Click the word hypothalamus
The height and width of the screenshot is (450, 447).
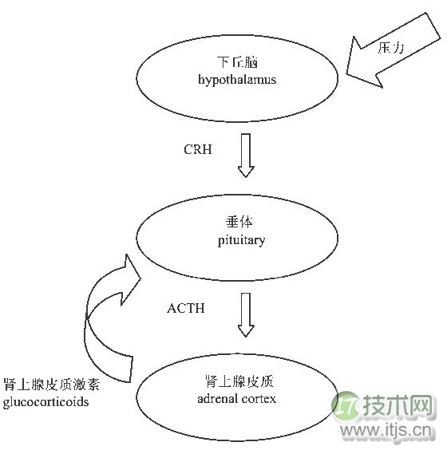tap(237, 80)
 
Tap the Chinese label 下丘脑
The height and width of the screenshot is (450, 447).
tap(237, 62)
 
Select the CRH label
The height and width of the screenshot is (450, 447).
tap(198, 149)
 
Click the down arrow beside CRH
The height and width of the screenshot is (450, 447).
tap(246, 156)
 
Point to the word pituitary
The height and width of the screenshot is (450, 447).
tap(241, 240)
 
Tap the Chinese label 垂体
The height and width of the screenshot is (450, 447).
tap(239, 222)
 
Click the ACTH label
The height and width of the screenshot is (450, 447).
tap(186, 308)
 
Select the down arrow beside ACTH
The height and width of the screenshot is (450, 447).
tap(246, 314)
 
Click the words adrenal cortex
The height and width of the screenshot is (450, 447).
tap(236, 399)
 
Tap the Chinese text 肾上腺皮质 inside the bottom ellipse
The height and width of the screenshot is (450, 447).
tap(239, 381)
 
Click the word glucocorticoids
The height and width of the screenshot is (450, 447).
tap(46, 402)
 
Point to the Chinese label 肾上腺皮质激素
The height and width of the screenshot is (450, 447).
tap(52, 385)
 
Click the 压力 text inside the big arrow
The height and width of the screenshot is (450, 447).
tap(390, 48)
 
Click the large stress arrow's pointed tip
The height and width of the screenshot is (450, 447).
tap(346, 74)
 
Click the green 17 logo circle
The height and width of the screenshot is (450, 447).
tap(346, 406)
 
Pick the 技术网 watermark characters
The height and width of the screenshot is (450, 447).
tap(398, 405)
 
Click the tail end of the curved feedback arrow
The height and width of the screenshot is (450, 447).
tap(132, 369)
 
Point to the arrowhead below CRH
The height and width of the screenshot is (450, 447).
tap(246, 172)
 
